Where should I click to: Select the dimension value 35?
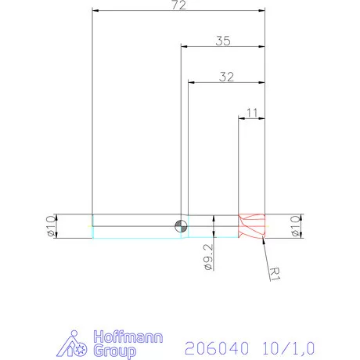click(223, 42)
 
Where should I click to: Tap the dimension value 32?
click(227, 77)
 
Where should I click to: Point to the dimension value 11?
click(252, 113)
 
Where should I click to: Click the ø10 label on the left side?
click(51, 225)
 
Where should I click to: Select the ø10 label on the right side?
click(296, 225)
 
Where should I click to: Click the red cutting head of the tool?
click(252, 226)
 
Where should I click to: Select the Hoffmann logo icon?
click(76, 344)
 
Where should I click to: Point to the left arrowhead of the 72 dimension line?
click(95, 11)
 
